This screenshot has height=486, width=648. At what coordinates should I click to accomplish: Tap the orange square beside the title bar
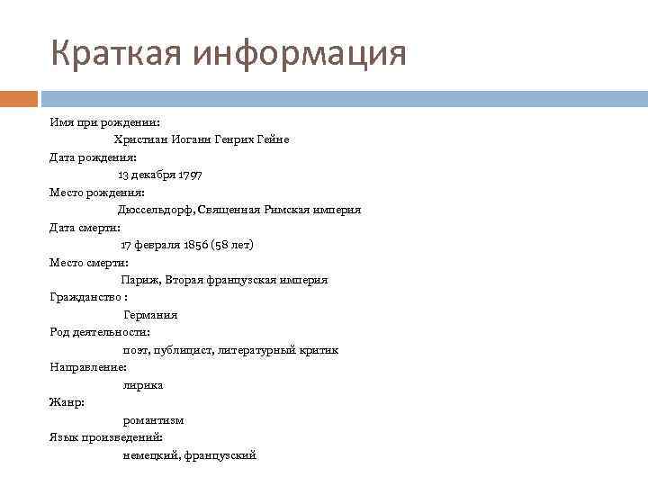19,97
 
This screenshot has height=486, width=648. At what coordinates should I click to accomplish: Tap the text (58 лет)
234,245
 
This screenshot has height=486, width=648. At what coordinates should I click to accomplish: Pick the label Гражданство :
88,297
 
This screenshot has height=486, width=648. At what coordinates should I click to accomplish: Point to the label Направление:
88,367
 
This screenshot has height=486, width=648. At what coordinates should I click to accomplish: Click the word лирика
143,385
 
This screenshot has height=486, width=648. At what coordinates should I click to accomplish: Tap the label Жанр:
67,402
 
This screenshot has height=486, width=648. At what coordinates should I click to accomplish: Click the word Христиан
139,139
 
